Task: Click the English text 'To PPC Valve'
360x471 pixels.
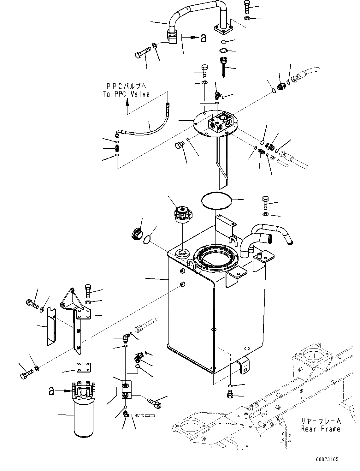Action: [x=126, y=94]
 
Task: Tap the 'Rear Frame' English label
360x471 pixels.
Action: [x=321, y=429]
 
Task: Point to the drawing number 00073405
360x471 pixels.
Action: [x=326, y=460]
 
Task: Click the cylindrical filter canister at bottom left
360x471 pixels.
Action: [x=83, y=417]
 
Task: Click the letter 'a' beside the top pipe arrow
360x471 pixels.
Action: [x=204, y=38]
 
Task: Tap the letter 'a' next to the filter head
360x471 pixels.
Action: [x=51, y=391]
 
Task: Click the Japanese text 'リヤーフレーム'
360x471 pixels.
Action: [x=321, y=421]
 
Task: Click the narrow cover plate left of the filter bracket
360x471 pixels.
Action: [x=52, y=325]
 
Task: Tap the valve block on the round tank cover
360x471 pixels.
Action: [x=221, y=124]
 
